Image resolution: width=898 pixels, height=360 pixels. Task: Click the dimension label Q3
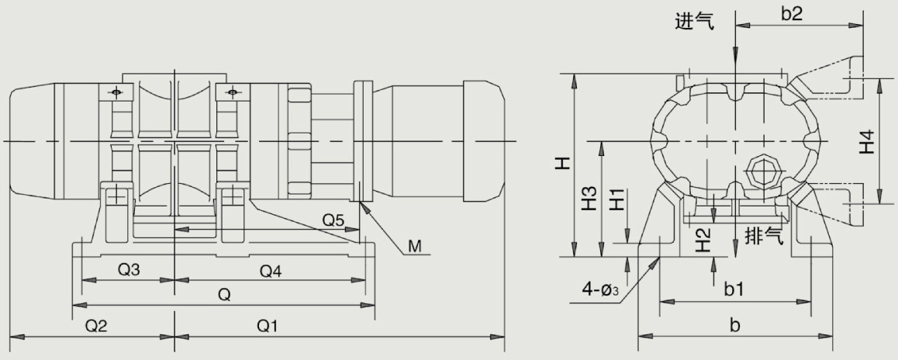tap(129, 271)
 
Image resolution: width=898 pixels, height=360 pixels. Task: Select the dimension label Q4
tap(271, 271)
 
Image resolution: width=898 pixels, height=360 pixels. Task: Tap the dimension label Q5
tap(333, 220)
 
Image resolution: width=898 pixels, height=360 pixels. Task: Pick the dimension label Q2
tap(96, 326)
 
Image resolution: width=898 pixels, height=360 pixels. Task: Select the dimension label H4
tap(869, 140)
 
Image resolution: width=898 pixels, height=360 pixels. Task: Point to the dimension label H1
tap(617, 199)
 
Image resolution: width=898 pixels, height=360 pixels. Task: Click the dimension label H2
tap(703, 241)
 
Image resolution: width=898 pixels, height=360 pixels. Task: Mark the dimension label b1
tap(734, 289)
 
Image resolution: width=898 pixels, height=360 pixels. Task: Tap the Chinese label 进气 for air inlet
tap(694, 21)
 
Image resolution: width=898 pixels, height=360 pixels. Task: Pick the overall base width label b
tap(734, 326)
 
